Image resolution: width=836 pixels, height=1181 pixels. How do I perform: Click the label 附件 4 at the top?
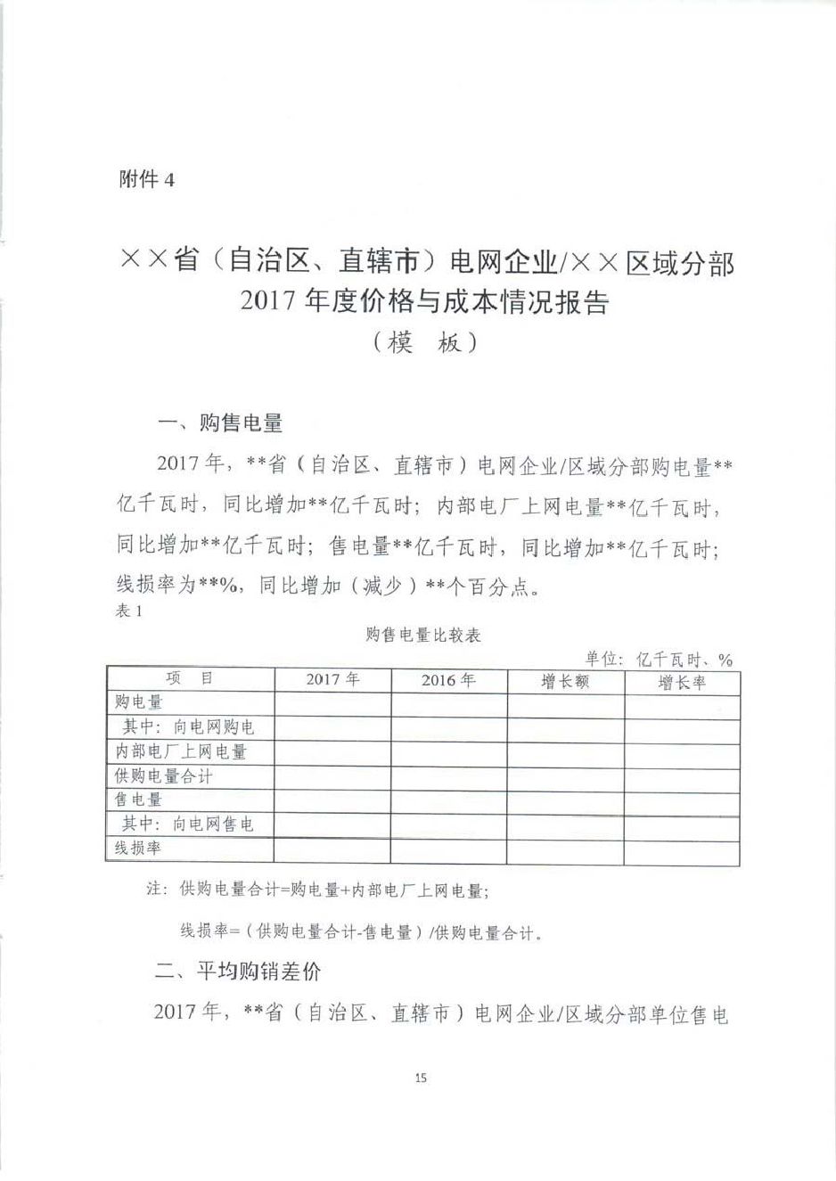pyautogui.click(x=147, y=179)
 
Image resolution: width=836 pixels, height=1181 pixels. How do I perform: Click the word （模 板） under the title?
pyautogui.click(x=424, y=343)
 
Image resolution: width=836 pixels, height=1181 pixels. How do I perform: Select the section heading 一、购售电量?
pyautogui.click(x=219, y=422)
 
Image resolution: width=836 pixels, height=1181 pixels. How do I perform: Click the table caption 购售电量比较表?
pyautogui.click(x=423, y=635)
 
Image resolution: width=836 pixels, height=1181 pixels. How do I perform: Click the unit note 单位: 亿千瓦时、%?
pyautogui.click(x=659, y=659)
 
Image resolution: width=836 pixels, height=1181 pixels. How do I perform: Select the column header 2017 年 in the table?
pyautogui.click(x=332, y=679)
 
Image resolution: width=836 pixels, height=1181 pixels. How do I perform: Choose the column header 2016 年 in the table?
pyautogui.click(x=448, y=680)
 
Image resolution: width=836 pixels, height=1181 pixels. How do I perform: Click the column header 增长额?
pyautogui.click(x=565, y=682)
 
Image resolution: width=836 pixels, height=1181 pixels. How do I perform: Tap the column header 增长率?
pyautogui.click(x=682, y=683)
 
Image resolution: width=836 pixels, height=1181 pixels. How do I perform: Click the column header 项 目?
pyautogui.click(x=190, y=678)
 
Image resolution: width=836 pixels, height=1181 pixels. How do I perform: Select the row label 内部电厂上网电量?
pyautogui.click(x=180, y=751)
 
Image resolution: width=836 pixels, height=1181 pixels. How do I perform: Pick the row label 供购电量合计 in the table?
pyautogui.click(x=164, y=775)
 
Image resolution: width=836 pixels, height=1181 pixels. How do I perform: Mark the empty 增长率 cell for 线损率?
pyautogui.click(x=682, y=851)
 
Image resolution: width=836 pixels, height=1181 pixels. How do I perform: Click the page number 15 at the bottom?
pyautogui.click(x=421, y=1078)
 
